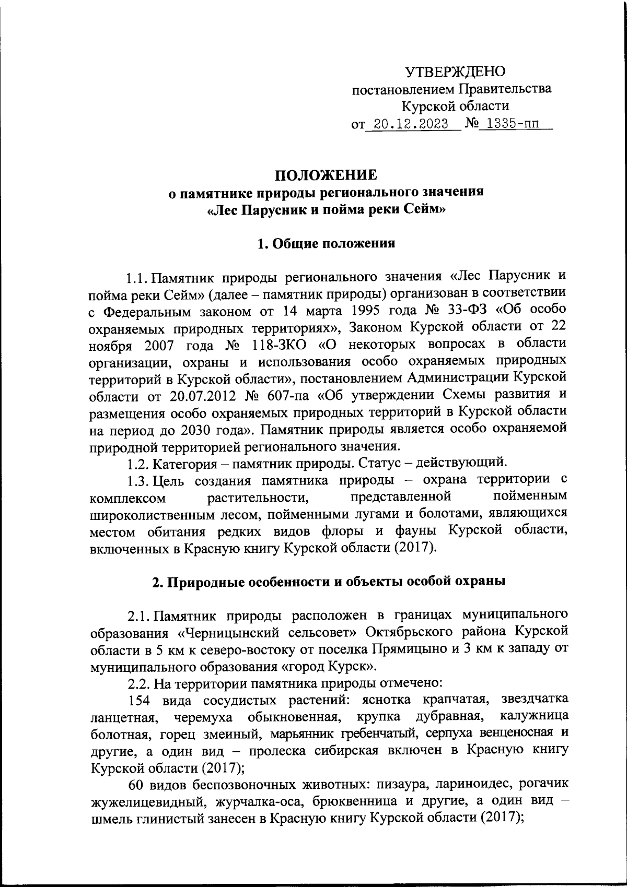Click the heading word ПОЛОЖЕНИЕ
pyautogui.click(x=326, y=174)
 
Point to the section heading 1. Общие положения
pyautogui.click(x=326, y=244)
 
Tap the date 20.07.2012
pyautogui.click(x=196, y=394)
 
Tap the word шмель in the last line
pyautogui.click(x=110, y=818)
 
